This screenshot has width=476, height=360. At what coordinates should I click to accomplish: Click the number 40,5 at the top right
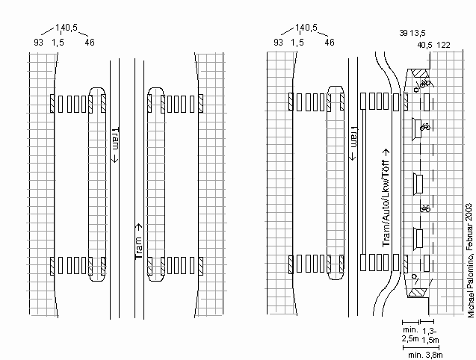[x=424, y=44]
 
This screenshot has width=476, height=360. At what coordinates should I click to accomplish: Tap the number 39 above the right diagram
[x=404, y=34]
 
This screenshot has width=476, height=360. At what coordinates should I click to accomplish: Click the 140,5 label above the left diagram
[x=67, y=28]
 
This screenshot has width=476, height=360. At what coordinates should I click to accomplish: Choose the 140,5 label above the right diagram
[x=306, y=28]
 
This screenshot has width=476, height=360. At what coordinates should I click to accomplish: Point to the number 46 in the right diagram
[x=330, y=43]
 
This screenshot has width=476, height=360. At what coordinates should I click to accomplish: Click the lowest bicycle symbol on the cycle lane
[x=424, y=208]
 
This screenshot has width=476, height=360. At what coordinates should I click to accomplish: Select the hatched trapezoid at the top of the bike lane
[x=419, y=73]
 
